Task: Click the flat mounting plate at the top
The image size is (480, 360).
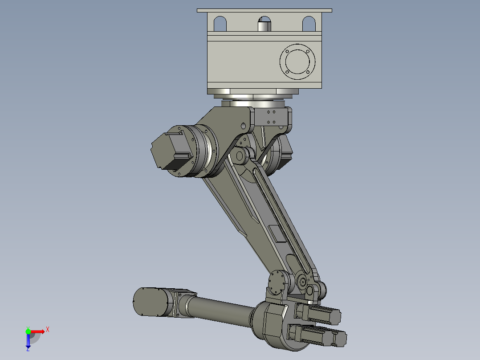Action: pyautogui.click(x=264, y=10)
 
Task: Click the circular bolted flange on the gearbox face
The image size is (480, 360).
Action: pyautogui.click(x=297, y=61)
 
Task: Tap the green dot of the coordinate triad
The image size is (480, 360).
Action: pyautogui.click(x=28, y=331)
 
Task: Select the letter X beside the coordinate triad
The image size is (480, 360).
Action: pyautogui.click(x=48, y=330)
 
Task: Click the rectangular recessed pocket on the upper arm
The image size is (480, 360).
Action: pyautogui.click(x=277, y=233)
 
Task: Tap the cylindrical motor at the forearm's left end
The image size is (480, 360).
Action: pyautogui.click(x=151, y=302)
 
